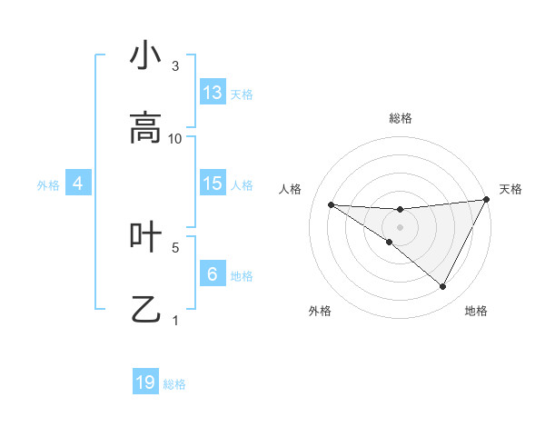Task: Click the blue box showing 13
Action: point(213,93)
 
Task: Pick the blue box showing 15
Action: point(213,184)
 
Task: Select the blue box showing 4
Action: point(78,184)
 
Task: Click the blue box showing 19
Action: point(145,382)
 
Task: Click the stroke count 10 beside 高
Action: point(175,138)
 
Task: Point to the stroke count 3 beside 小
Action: point(175,65)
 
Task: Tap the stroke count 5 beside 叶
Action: point(175,246)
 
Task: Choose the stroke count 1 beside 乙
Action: point(175,320)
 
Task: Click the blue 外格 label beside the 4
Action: point(48,185)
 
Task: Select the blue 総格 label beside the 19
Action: point(174,384)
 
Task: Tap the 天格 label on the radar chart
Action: point(510,189)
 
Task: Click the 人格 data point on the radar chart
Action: point(332,204)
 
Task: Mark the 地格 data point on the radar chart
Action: point(442,286)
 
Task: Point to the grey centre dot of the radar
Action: point(400,226)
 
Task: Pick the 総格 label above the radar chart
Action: point(401,118)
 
